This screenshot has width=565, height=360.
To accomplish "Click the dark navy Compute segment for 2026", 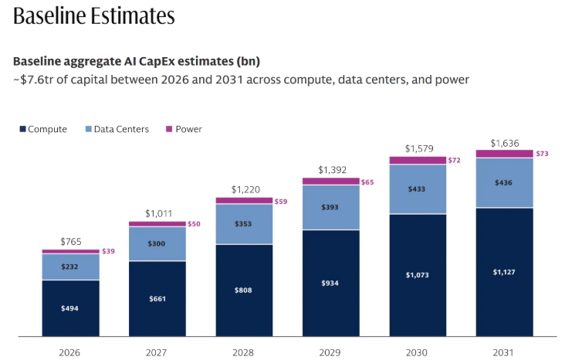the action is (71, 308).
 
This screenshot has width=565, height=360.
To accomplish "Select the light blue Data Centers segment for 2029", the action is (331, 207).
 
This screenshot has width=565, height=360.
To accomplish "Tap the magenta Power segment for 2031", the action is (505, 154).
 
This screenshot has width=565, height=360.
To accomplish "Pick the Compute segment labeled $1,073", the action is (418, 275).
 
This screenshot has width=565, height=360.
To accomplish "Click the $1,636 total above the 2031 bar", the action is (505, 143).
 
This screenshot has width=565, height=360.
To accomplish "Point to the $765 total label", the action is (71, 241).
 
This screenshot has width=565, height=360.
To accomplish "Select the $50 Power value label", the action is (194, 224).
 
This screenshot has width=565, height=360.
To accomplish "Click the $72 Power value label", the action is (454, 160).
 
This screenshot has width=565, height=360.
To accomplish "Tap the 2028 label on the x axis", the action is (243, 352).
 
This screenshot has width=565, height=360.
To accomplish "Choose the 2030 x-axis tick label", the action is (417, 352).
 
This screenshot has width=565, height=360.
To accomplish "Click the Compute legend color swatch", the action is (22, 129).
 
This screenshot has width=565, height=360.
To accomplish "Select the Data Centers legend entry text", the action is (121, 129).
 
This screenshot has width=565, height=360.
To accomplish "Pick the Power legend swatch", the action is (169, 129).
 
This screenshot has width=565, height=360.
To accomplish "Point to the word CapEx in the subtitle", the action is (157, 62).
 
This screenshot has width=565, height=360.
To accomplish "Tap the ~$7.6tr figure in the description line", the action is (33, 80).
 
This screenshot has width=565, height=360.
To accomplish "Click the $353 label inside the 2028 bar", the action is (243, 224).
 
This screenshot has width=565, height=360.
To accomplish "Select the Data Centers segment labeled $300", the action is (157, 244).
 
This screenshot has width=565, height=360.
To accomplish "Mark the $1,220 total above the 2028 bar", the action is (245, 189).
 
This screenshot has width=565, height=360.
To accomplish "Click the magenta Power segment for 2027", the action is (157, 224).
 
